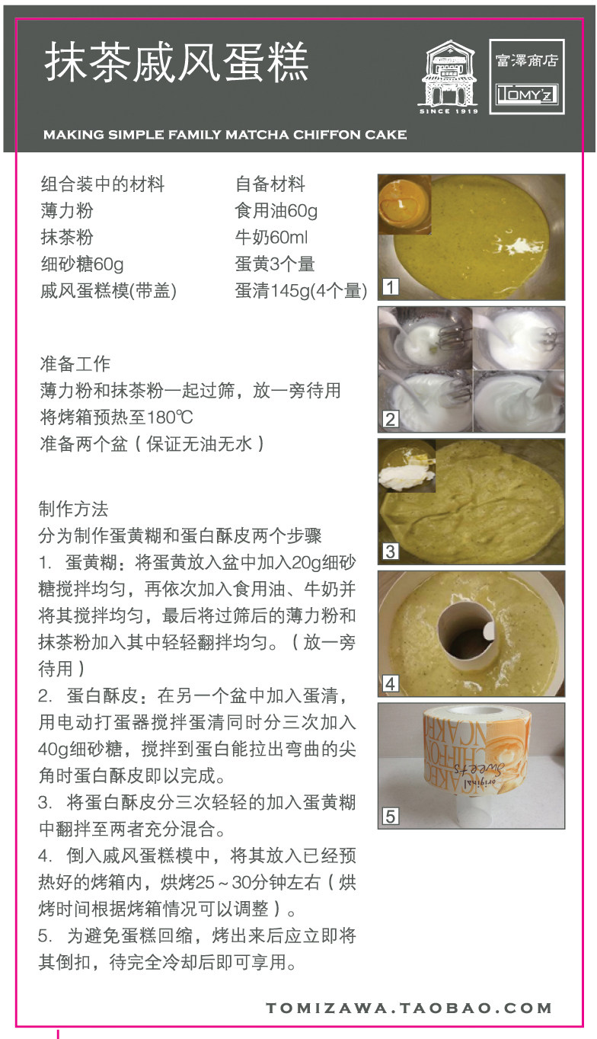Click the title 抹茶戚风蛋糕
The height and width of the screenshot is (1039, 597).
tap(177, 62)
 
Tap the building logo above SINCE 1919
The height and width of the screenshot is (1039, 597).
tap(449, 73)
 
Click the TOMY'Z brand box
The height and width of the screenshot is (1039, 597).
tap(527, 94)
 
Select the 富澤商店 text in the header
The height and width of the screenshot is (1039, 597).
tap(527, 60)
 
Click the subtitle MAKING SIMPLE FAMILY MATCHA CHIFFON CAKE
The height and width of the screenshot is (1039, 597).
tap(225, 135)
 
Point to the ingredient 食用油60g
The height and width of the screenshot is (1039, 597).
tap(276, 210)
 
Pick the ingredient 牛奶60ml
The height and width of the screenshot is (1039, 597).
tap(271, 237)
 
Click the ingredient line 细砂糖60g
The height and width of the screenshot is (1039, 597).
tap(82, 264)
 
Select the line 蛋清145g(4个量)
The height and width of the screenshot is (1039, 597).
tap(302, 291)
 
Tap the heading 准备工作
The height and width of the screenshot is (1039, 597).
tap(75, 363)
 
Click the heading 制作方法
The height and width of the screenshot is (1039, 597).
tap(73, 509)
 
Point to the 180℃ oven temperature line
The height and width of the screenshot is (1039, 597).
tap(117, 417)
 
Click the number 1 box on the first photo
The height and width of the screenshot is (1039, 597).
tap(391, 287)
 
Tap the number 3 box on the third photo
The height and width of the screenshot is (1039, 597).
tap(391, 551)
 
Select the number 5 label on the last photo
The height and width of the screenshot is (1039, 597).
tap(391, 816)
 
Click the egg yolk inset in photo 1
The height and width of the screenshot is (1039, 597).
tap(405, 205)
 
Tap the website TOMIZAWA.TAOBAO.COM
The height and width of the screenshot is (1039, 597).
tap(409, 1008)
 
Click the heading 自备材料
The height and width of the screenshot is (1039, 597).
tap(270, 184)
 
